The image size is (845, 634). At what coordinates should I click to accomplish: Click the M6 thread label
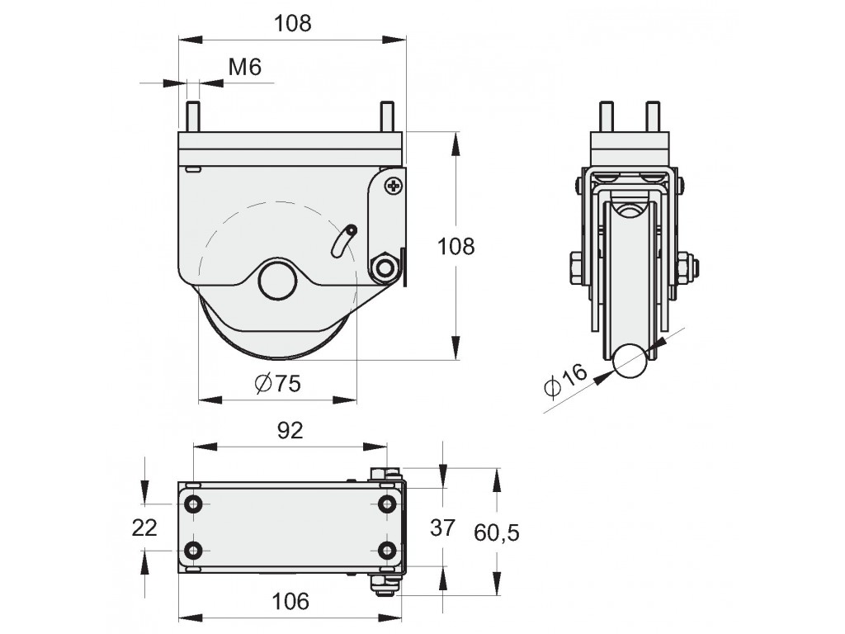(x=244, y=68)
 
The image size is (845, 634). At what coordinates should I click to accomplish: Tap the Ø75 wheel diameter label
(x=277, y=383)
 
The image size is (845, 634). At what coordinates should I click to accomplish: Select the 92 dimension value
(x=290, y=430)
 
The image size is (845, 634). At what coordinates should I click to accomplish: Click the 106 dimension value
(x=291, y=601)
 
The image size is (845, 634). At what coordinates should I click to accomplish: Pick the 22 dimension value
(x=144, y=528)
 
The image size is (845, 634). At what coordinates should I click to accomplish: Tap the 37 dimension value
(x=442, y=528)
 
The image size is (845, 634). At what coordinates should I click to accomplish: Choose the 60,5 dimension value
(x=496, y=532)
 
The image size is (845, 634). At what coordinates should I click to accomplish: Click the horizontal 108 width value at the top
(x=293, y=23)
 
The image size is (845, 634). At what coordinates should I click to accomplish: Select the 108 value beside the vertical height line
(x=456, y=246)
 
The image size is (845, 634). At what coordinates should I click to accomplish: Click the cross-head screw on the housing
(x=394, y=186)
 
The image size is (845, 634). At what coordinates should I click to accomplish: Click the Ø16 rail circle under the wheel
(x=630, y=362)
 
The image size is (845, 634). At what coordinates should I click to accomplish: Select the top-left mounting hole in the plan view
(x=193, y=504)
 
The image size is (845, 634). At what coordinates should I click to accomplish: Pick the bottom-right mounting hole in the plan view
(x=386, y=551)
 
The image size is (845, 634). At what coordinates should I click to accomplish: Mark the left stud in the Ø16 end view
(x=607, y=116)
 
